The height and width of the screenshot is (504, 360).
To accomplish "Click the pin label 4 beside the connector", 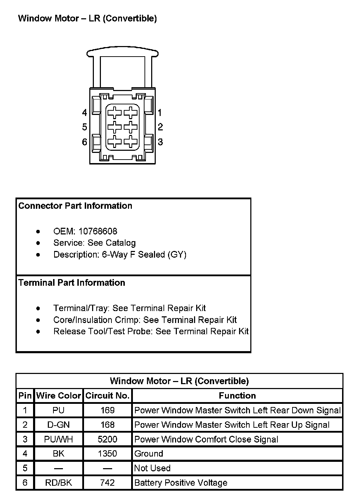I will coord(84,113).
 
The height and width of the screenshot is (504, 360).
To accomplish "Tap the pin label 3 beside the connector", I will coord(160,142).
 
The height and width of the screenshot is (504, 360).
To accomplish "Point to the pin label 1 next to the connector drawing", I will coord(160,113).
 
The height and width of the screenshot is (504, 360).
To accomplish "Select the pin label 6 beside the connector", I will coord(84,142).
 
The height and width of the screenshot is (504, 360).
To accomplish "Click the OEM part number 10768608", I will coord(98,231).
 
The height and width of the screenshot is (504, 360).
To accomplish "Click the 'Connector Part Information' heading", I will coord(75,206).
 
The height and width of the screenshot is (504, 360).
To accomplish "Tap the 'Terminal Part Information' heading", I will coord(72,283).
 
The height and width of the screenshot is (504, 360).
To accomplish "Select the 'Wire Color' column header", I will coord(58,396).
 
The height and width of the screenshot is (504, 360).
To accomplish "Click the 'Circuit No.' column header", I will coord(107,396).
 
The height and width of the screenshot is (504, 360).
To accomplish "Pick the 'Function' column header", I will coord(237,396).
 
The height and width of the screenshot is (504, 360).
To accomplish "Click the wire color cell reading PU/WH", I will coord(58,439).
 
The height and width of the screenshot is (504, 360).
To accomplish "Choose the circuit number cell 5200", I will coord(107,439).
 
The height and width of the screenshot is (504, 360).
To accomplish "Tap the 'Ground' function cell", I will coord(149,454).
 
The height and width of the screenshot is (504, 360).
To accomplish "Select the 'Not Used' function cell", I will coord(152,468).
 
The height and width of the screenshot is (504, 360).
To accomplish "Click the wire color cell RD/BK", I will coord(58,483).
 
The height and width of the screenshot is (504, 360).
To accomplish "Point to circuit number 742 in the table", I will coord(107,483).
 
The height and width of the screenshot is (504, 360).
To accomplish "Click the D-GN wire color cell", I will coord(58,425).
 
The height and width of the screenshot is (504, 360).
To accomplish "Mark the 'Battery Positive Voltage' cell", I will coord(181,483).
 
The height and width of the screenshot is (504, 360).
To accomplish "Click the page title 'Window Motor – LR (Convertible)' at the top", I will coord(87,18).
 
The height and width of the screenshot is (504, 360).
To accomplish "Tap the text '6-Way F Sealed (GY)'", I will coord(144,254).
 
